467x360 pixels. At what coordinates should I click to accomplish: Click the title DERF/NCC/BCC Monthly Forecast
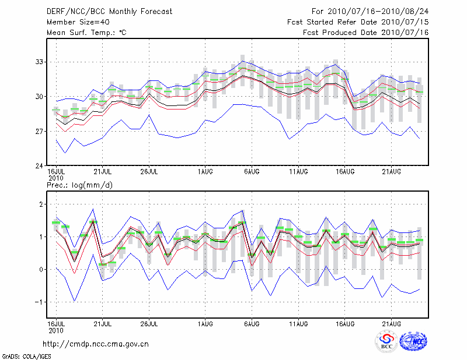109,12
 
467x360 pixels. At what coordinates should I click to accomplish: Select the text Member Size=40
78,22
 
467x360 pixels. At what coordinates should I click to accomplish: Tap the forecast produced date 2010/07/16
405,33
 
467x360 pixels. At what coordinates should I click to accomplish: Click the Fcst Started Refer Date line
358,22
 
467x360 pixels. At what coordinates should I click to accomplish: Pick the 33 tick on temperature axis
39,62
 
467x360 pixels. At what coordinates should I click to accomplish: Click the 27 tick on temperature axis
39,131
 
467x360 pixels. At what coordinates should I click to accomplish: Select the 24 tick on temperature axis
39,165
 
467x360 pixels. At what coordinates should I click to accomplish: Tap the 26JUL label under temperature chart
149,172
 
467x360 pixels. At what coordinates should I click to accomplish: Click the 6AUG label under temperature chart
252,172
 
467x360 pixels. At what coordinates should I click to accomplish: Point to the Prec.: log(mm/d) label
79,185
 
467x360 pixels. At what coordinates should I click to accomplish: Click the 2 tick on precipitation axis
41,204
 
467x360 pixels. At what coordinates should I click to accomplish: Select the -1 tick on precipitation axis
39,302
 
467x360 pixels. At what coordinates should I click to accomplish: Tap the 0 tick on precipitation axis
41,269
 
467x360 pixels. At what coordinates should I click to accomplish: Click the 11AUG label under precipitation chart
298,324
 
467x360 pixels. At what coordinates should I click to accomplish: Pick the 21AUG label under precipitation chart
391,324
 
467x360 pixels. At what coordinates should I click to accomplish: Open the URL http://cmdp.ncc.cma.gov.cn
96,344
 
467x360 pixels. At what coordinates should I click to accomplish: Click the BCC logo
386,341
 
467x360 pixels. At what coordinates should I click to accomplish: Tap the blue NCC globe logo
413,341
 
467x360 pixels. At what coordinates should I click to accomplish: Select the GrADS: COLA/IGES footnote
27,357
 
